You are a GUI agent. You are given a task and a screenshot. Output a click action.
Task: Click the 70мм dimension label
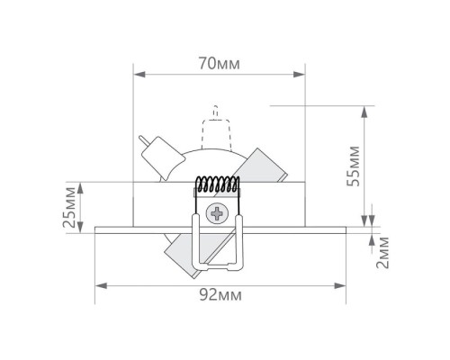click(220, 64)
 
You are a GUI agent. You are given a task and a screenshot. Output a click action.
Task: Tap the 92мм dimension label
click(220, 295)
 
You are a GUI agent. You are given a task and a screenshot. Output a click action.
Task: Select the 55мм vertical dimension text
click(353, 166)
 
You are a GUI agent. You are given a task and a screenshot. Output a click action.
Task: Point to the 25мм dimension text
click(69, 207)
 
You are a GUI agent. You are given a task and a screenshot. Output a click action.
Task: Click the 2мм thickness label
click(382, 253)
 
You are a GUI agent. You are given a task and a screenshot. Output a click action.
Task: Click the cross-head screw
click(217, 213)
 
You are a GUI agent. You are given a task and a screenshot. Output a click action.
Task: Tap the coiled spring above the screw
click(218, 184)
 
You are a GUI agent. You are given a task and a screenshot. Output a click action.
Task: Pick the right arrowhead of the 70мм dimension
click(299, 75)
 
